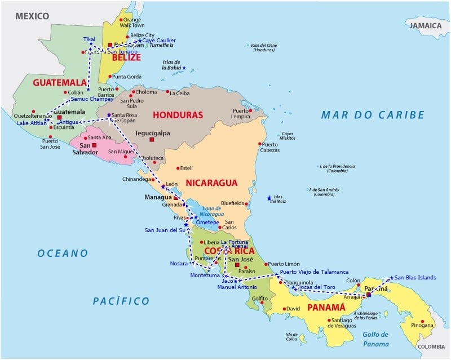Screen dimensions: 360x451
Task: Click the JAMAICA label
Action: pos(426,26)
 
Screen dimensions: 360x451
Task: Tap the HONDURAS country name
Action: pos(178,115)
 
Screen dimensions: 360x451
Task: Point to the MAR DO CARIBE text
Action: pos(373,115)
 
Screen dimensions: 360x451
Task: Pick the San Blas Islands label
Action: pos(415,277)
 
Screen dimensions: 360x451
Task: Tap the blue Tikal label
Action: pos(89,39)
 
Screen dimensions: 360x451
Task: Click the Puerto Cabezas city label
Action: pos(269,147)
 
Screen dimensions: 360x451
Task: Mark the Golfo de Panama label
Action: pos(376,339)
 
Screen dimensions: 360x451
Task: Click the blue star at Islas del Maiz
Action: pos(269,198)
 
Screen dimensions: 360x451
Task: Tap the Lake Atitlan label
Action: pos(31,123)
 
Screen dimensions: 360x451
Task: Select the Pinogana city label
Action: pos(423,325)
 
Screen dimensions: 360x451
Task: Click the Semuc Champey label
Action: pos(92,100)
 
